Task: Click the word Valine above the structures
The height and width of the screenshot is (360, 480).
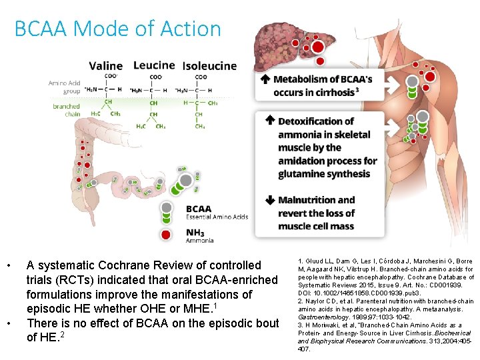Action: click(x=106, y=65)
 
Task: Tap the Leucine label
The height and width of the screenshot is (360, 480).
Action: click(x=154, y=65)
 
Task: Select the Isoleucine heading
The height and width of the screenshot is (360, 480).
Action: click(x=209, y=65)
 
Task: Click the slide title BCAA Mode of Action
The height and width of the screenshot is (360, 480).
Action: click(x=117, y=29)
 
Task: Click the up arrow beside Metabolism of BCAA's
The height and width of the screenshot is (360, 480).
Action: click(x=265, y=79)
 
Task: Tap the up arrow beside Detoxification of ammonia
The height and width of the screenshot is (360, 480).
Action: click(x=270, y=121)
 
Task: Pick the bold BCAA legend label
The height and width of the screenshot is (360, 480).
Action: click(x=199, y=209)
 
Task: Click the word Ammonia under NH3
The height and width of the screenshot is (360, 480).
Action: click(x=200, y=241)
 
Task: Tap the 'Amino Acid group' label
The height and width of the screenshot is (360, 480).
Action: click(x=65, y=87)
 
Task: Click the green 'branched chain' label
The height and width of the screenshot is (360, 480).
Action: click(x=67, y=110)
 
